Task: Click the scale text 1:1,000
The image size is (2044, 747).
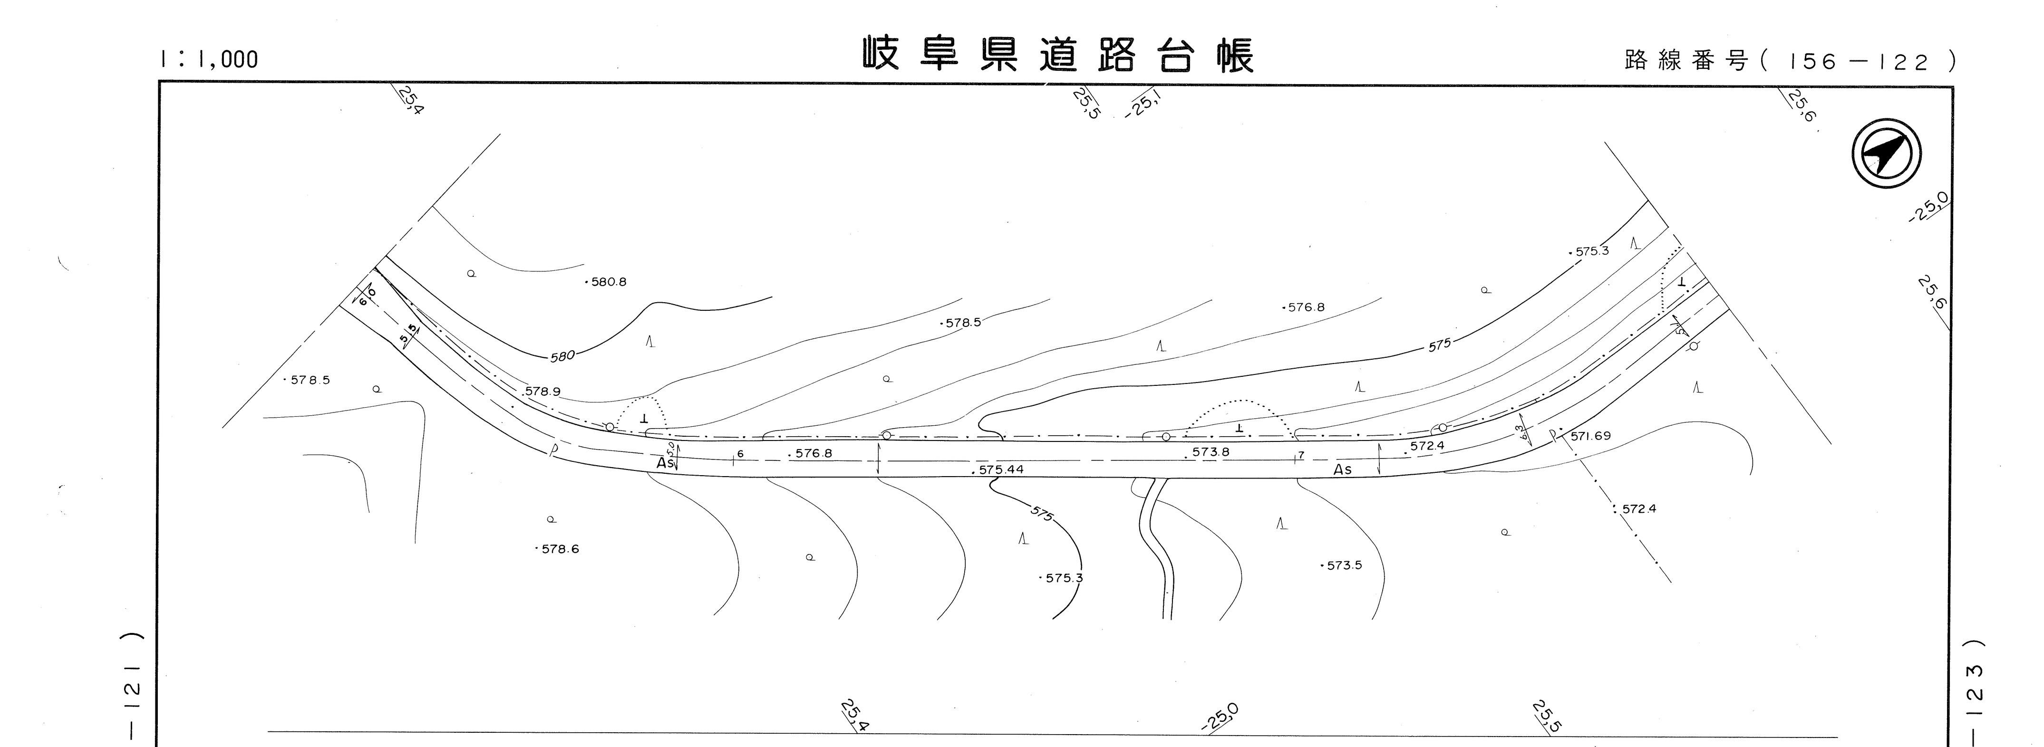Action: coord(210,59)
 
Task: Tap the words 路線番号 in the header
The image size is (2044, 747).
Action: coord(1686,60)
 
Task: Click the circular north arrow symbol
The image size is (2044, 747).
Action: coord(1886,157)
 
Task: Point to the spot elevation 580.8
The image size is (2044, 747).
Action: coord(608,281)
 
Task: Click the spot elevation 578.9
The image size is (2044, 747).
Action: coord(543,391)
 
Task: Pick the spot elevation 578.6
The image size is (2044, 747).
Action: coord(560,549)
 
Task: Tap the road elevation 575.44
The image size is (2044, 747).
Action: coord(1000,469)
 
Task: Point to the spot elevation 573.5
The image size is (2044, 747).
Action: coord(1343,565)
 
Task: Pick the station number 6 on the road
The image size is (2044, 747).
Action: coord(739,454)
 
